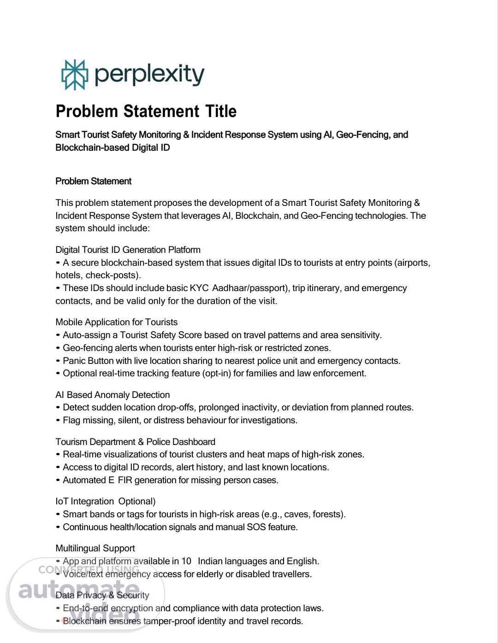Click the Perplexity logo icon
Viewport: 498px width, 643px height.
tap(74, 75)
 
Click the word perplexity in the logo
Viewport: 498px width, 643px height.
tap(149, 74)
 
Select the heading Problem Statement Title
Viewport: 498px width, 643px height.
tap(146, 111)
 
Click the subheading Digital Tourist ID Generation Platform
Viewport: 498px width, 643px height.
tap(128, 250)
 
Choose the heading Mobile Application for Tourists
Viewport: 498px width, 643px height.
tap(116, 322)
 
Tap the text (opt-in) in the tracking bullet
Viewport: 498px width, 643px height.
tap(216, 373)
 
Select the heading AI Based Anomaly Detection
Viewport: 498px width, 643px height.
tap(113, 395)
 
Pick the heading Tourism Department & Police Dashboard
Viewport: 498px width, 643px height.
tap(135, 442)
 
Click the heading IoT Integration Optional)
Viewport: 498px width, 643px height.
tap(105, 501)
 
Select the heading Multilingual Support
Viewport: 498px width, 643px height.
tap(95, 548)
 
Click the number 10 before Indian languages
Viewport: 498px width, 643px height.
tap(186, 561)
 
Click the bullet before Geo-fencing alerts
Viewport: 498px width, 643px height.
tap(58, 348)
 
